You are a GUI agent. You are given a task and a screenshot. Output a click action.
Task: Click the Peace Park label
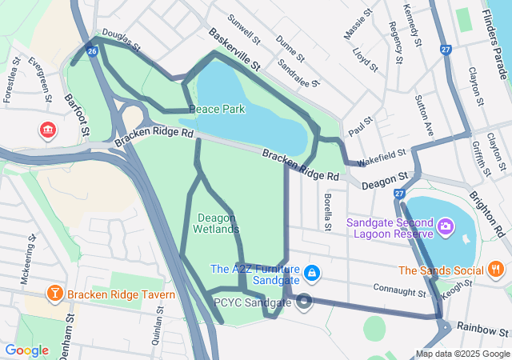point(217,109)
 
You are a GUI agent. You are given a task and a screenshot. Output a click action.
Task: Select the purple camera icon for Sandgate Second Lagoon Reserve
point(446,228)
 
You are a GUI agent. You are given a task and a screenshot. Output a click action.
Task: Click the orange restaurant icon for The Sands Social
point(496,270)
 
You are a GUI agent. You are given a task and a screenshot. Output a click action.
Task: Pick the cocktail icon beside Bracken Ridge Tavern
point(54,294)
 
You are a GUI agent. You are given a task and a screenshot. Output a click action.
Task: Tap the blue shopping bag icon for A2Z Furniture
point(312,274)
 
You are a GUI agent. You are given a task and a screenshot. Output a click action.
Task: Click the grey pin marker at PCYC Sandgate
point(304,302)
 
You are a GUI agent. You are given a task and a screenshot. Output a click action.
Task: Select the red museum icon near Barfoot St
point(49,129)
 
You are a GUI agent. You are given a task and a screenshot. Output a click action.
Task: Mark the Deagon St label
point(385,181)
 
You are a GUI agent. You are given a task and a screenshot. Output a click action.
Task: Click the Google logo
point(27,350)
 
